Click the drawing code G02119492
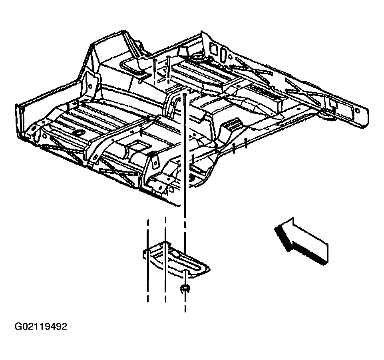(40, 327)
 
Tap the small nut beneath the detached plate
(184, 288)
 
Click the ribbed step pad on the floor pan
(233, 125)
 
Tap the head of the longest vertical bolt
(186, 94)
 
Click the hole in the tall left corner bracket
(92, 86)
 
